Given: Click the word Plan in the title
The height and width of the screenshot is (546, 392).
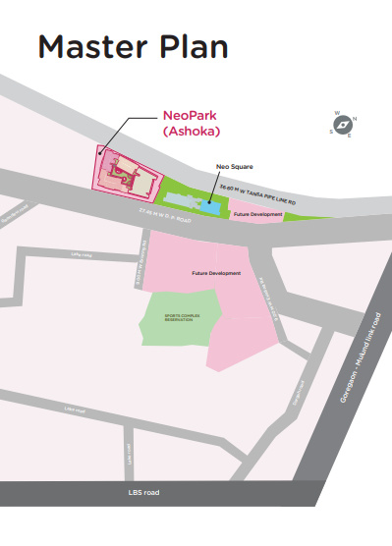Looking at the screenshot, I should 196,47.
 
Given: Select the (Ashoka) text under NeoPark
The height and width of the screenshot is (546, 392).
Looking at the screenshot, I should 190,129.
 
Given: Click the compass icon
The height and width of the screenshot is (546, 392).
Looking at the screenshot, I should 344,125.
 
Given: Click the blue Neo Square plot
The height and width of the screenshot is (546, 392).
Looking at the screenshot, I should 211,206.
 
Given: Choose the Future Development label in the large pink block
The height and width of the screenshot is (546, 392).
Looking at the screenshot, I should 215,272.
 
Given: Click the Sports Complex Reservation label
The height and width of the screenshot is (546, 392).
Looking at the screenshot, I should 177,319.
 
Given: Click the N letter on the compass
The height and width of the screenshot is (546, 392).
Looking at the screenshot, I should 355,119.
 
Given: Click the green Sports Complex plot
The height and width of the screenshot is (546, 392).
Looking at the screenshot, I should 177,334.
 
